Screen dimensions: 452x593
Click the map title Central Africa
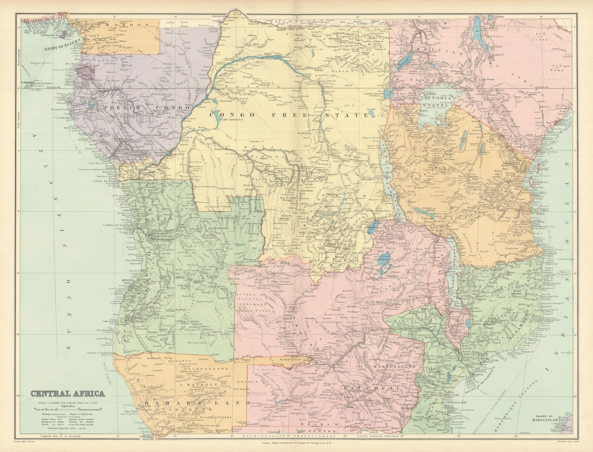pos(67,393)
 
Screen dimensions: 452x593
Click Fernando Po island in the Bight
pos(64,34)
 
